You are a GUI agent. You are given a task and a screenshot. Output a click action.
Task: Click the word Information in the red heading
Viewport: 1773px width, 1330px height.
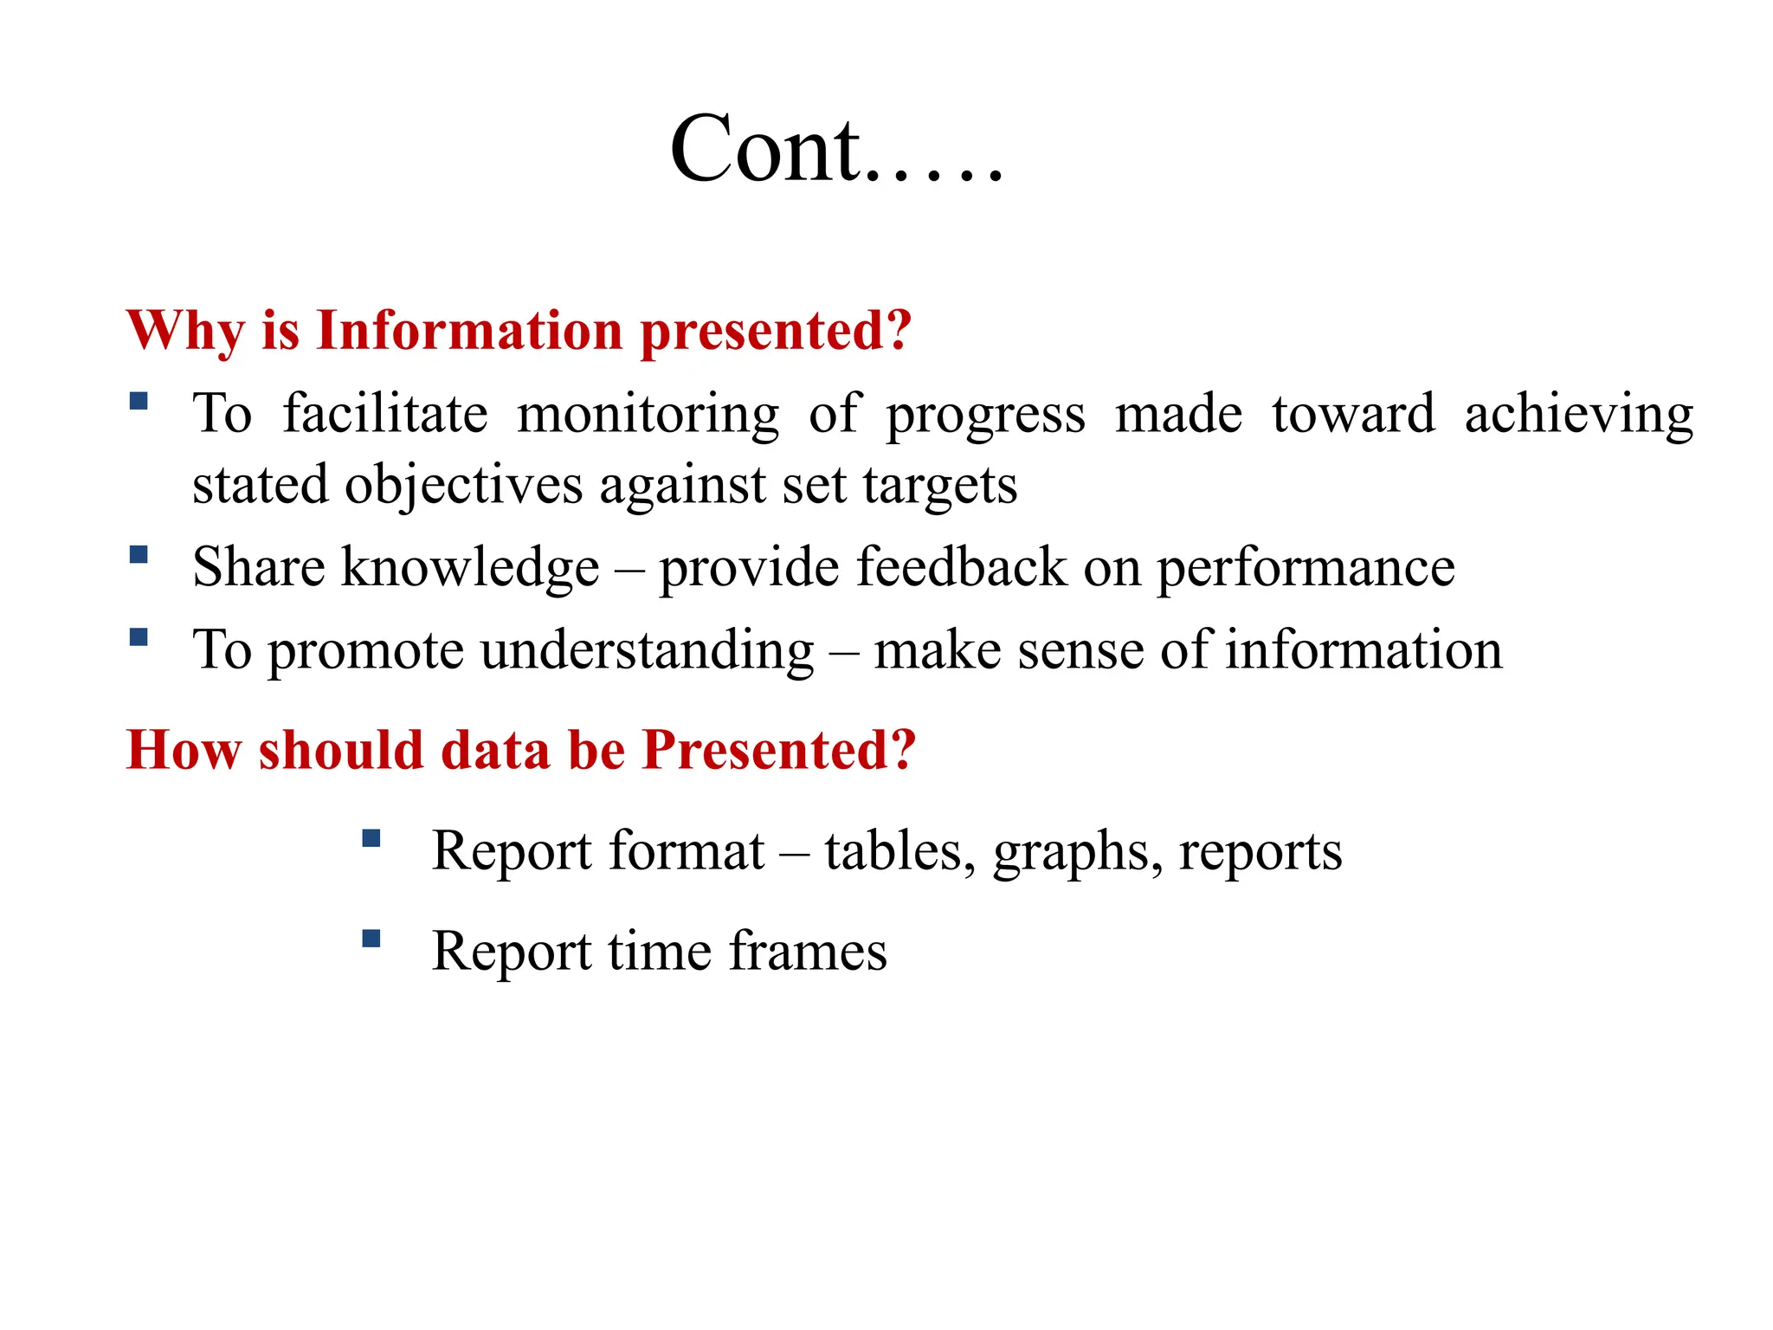(469, 332)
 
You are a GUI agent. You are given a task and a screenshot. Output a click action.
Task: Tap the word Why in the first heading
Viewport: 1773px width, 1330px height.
(185, 332)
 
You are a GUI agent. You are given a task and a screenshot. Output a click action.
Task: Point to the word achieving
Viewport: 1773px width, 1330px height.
(1578, 414)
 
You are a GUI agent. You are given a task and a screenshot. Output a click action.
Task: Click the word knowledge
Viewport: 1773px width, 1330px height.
(470, 568)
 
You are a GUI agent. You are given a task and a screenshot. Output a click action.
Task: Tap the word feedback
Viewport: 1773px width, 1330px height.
(962, 568)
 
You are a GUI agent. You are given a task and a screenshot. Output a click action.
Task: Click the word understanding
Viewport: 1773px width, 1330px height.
(647, 651)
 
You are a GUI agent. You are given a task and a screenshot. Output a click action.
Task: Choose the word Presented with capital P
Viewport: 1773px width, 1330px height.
(778, 750)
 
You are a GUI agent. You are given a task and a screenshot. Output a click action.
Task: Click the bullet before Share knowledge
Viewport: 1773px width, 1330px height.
(139, 554)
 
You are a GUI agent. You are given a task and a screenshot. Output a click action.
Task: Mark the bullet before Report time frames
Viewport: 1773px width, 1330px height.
(371, 939)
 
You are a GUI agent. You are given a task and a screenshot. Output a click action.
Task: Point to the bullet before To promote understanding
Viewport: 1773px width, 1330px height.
(139, 637)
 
